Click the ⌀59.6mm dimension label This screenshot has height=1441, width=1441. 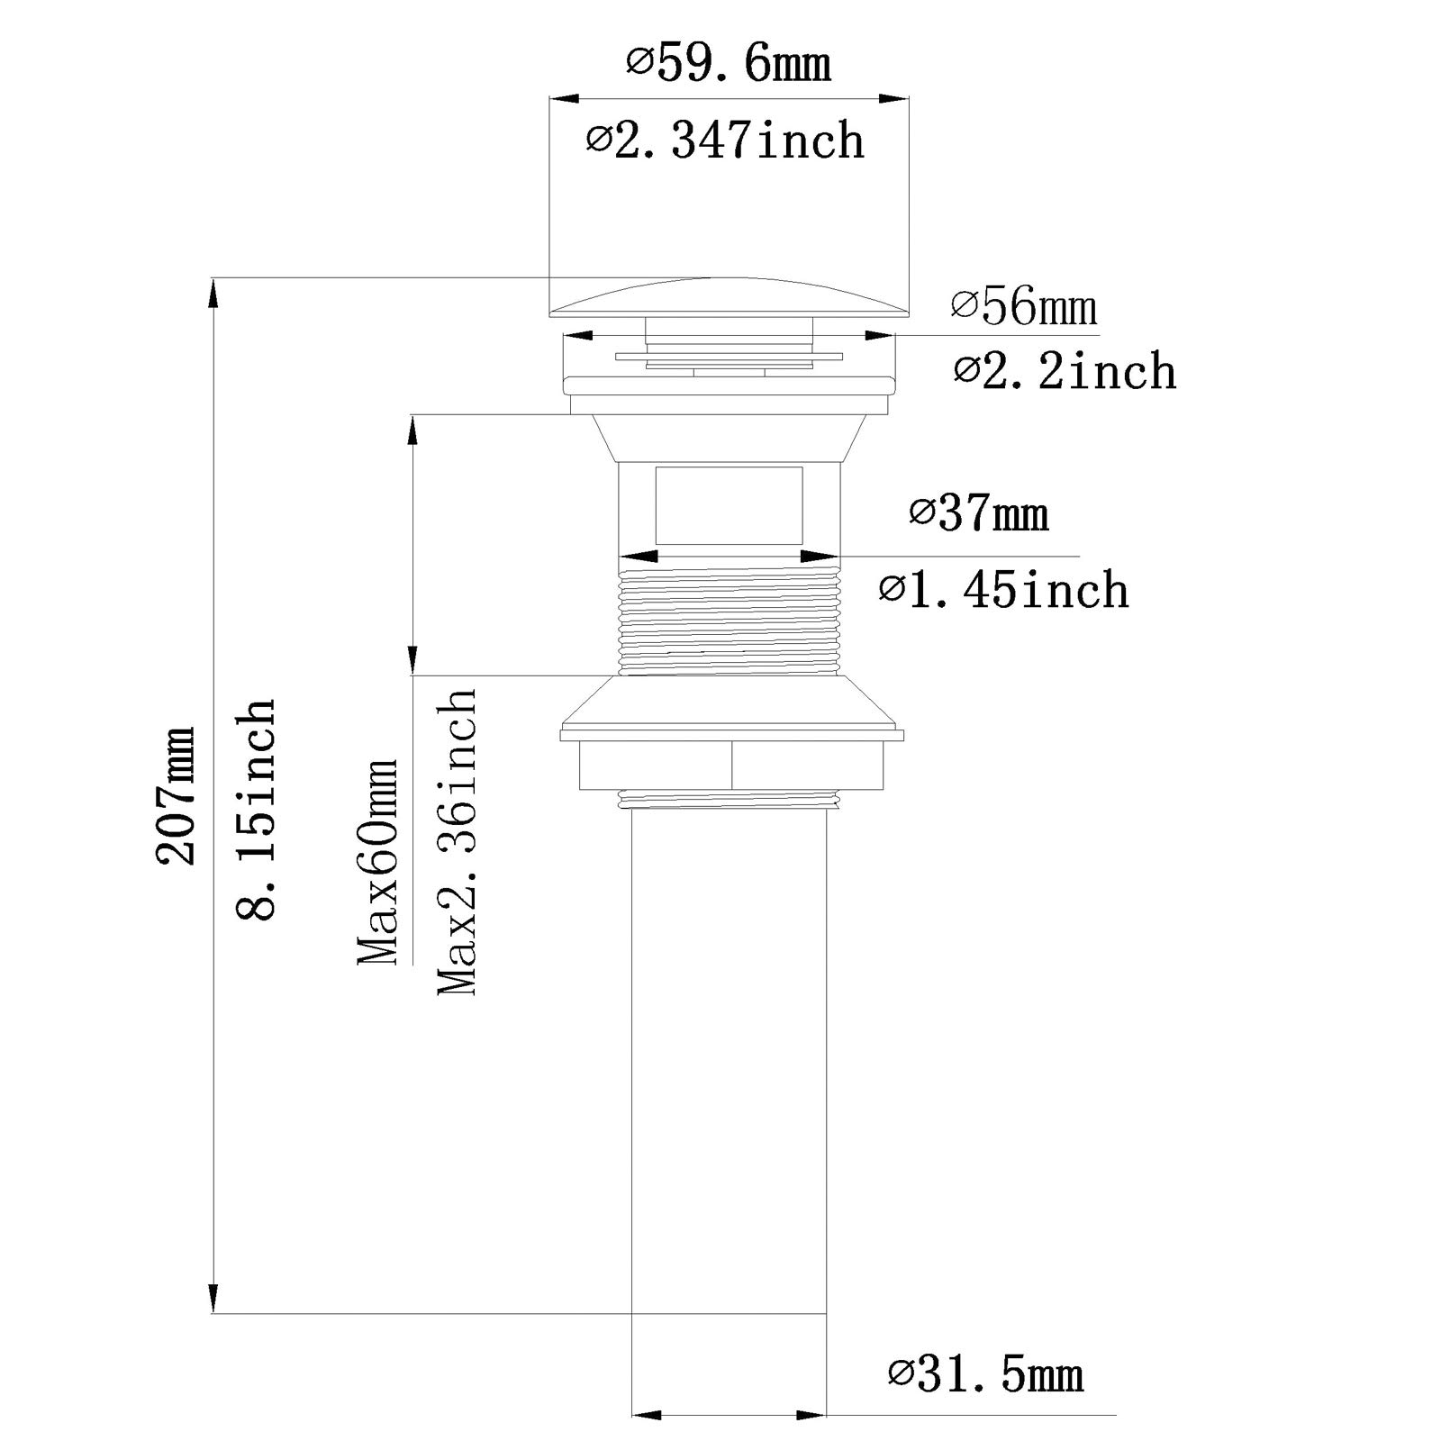point(729,64)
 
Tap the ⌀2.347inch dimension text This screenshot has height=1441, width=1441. point(726,140)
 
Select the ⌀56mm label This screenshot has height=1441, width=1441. point(1024,306)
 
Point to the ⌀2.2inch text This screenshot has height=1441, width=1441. point(1065,370)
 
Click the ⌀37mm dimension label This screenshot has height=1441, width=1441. point(979,513)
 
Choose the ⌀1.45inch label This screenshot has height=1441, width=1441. point(1004,590)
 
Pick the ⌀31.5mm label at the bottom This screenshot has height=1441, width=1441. point(985,1376)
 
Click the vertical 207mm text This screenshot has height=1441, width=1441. point(176,794)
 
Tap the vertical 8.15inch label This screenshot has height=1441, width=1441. point(255,808)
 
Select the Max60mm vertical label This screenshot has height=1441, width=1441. point(377,862)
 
